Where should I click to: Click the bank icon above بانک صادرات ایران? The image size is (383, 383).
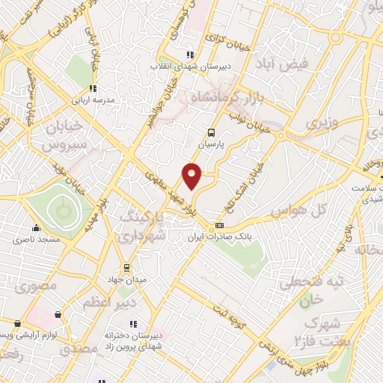[219, 225]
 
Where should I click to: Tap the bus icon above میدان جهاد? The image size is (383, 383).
[126, 267]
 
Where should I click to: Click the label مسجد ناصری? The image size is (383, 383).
[35, 241]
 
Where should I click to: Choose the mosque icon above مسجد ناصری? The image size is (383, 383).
[35, 229]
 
